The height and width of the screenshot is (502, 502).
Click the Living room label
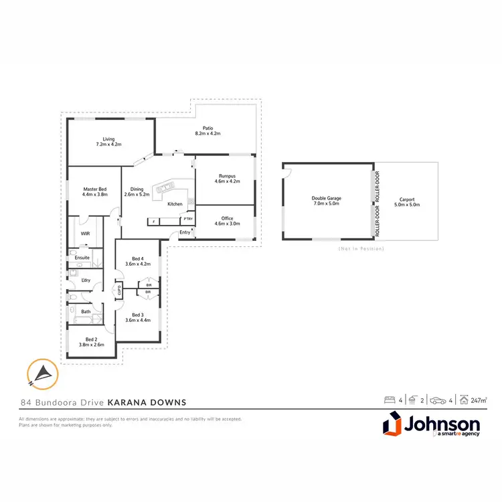[108, 141]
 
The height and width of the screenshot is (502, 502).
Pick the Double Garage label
[325, 200]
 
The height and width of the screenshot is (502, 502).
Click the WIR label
[85, 234]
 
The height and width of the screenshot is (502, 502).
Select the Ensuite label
[83, 257]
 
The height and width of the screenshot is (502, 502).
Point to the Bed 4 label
[138, 261]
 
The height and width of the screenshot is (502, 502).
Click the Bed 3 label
[138, 317]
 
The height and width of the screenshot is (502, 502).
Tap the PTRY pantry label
[188, 219]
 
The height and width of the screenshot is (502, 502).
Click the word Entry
[185, 232]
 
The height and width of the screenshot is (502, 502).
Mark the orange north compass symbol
[41, 373]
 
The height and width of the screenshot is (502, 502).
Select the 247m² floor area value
[477, 401]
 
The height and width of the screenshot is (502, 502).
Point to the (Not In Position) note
[360, 248]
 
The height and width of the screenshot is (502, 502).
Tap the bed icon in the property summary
[388, 400]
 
